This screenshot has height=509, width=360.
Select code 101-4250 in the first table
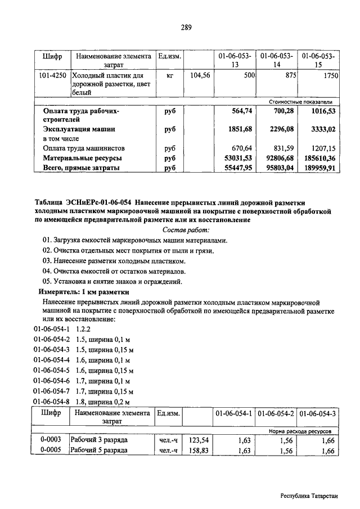52,75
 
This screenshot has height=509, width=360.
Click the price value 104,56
200,75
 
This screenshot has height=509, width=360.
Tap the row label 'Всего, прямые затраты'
81,168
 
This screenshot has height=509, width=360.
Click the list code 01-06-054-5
52,371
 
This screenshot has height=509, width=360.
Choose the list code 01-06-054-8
52,402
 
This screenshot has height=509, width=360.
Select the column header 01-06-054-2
276,413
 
